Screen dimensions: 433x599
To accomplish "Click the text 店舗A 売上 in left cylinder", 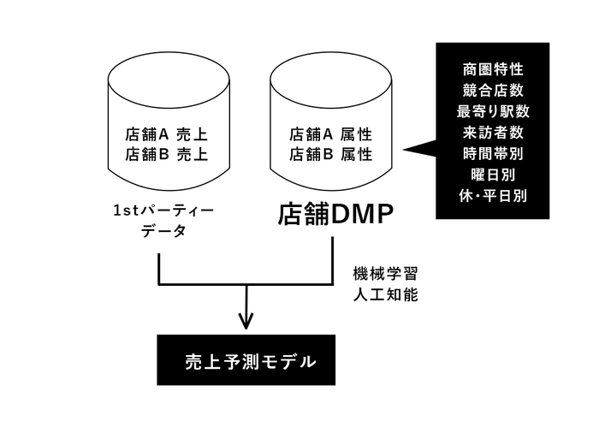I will click(166, 135).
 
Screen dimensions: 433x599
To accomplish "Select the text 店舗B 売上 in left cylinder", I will click(166, 155).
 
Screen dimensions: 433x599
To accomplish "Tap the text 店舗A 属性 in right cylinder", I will click(330, 135).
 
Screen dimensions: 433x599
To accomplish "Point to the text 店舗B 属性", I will click(330, 155).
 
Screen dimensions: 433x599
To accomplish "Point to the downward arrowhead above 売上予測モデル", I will click(246, 323).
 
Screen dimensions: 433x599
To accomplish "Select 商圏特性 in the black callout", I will click(492, 68).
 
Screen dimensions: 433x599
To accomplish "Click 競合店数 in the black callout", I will click(492, 89).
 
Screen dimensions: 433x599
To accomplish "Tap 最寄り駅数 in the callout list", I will click(492, 110).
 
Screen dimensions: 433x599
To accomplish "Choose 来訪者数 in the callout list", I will click(492, 132).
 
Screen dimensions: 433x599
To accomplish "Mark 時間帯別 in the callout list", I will click(492, 153).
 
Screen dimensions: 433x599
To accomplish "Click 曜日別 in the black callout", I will click(492, 175).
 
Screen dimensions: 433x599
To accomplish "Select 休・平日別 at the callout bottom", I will click(492, 196).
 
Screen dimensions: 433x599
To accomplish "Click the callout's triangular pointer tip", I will click(406, 151).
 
